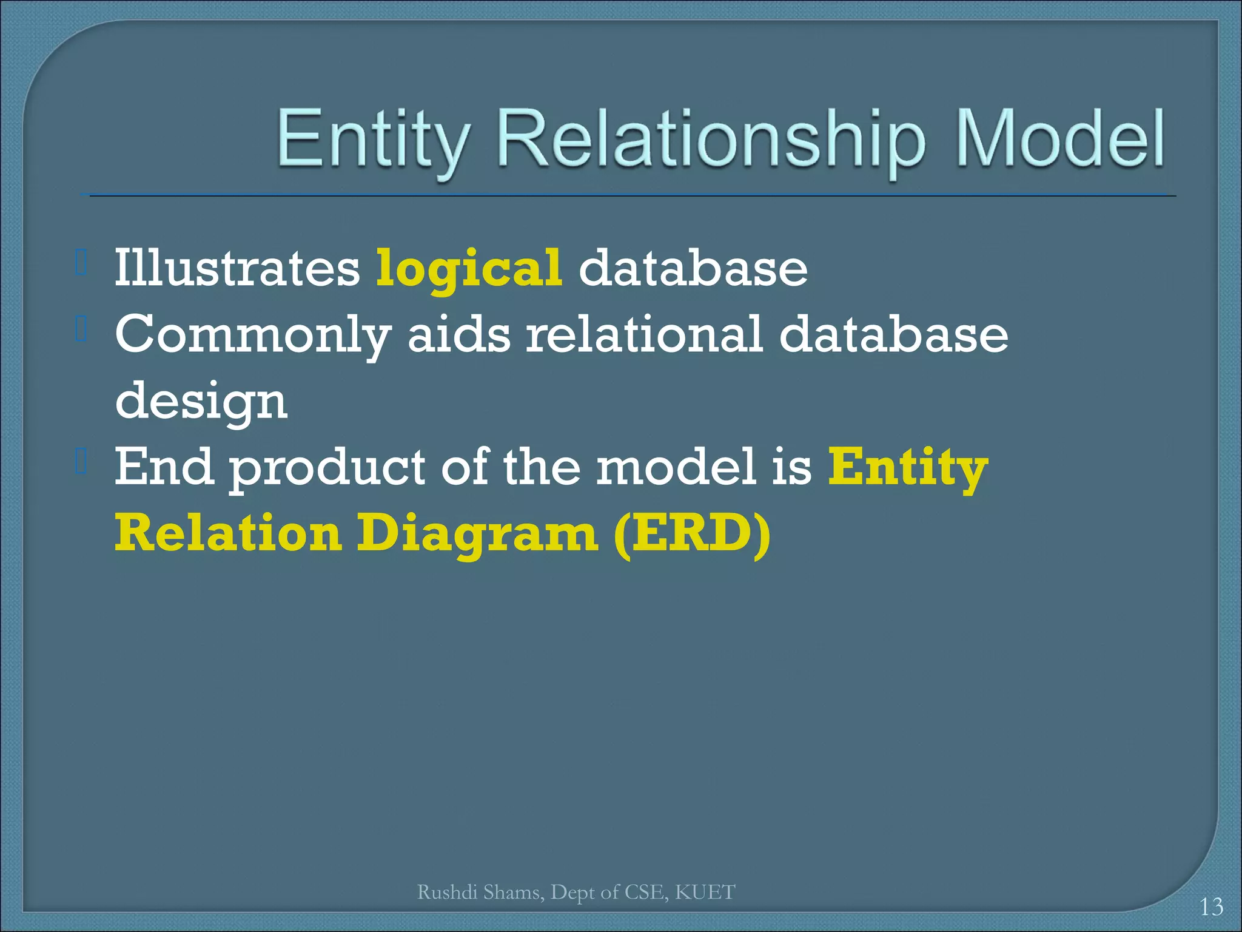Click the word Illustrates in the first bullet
(x=237, y=268)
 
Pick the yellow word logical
(x=469, y=269)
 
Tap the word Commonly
(x=253, y=335)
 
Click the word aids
(x=459, y=335)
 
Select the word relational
(x=643, y=334)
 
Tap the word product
(x=327, y=469)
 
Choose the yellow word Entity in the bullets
(x=908, y=468)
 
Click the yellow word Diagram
(x=477, y=535)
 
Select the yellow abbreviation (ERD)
(x=692, y=534)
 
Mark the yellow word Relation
(x=228, y=533)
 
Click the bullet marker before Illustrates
(x=82, y=262)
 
